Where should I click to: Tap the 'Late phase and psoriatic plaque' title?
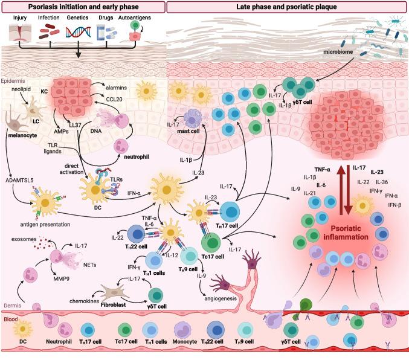point(287,7)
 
